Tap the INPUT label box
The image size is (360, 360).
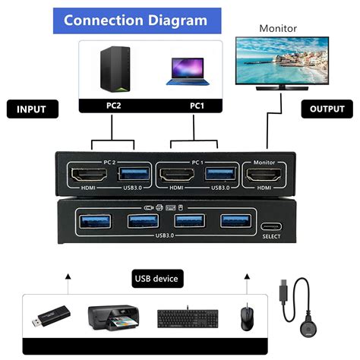pos(32,109)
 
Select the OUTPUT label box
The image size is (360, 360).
pos(327,109)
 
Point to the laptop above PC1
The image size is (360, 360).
pos(186,73)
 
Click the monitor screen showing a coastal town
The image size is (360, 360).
pos(276,62)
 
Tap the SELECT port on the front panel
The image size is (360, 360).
pos(272,226)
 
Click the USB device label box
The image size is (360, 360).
pos(156,279)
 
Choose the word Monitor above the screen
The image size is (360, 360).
pos(278,28)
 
